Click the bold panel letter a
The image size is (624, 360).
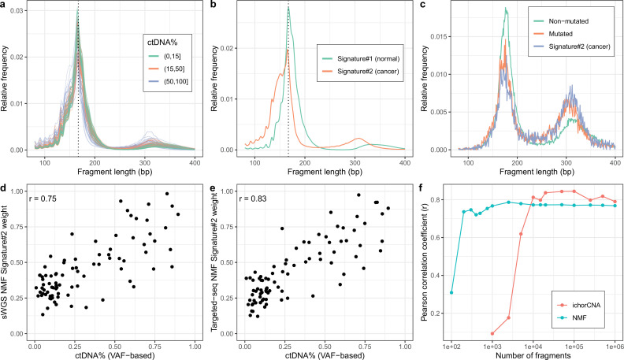tap(6, 6)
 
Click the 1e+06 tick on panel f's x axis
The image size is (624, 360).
tap(615, 344)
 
